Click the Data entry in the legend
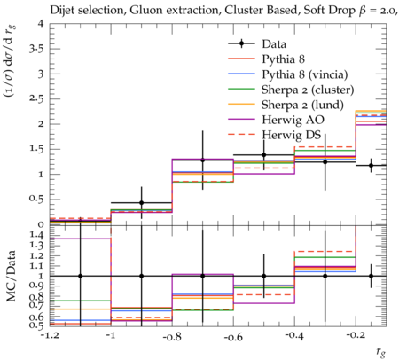click(x=274, y=44)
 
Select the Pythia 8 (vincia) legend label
click(x=305, y=74)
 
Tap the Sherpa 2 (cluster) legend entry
click(x=308, y=90)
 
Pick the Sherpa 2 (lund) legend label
click(x=302, y=105)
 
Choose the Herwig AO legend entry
click(x=293, y=120)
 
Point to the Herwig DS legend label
click(x=292, y=135)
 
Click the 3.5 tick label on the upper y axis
click(x=36, y=49)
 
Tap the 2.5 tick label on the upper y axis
click(x=36, y=99)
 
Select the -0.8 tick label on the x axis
click(x=172, y=337)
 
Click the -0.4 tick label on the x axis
click(x=294, y=337)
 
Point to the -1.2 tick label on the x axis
click(x=50, y=337)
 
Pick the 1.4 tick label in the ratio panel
click(x=36, y=236)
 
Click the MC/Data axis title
click(x=12, y=276)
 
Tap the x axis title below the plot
click(x=381, y=352)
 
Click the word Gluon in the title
click(x=146, y=11)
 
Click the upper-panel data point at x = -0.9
click(x=142, y=203)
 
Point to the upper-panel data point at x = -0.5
click(x=264, y=155)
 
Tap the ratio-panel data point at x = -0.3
click(x=325, y=276)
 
